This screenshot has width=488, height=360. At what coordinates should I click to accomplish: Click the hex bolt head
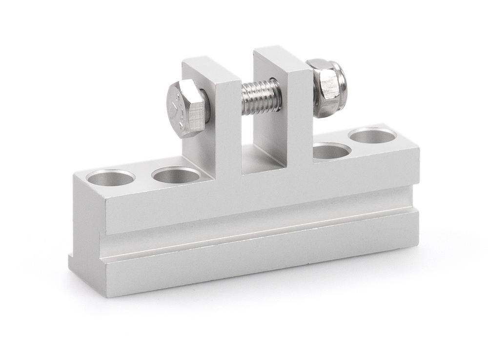[x=188, y=109]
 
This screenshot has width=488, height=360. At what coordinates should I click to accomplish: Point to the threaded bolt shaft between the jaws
[x=261, y=97]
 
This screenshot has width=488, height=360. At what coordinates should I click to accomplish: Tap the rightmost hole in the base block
[x=373, y=135]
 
